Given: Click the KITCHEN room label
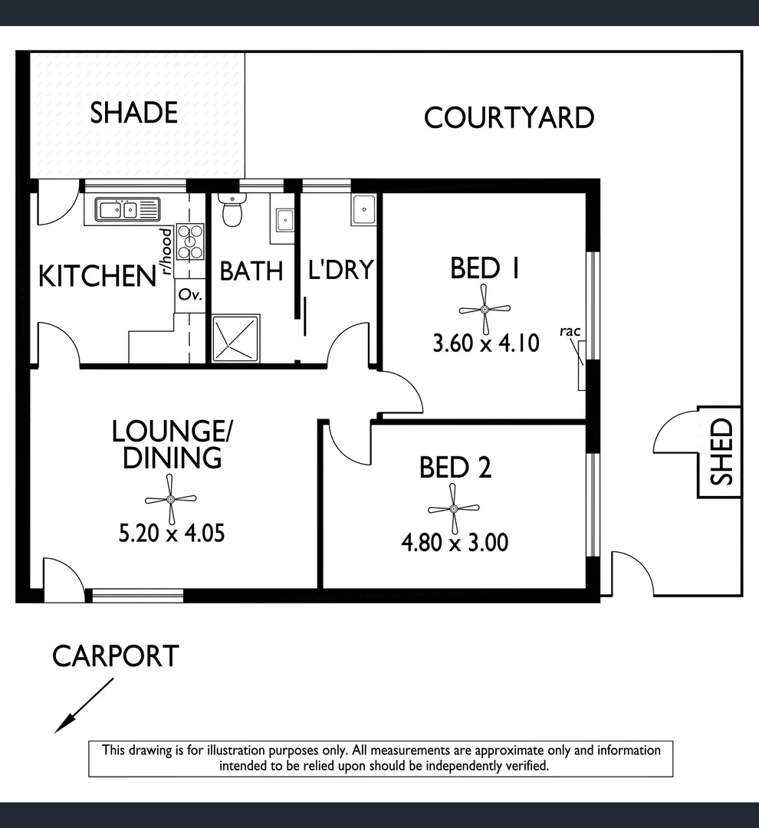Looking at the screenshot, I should (x=97, y=276).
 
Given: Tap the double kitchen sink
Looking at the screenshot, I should (x=127, y=209).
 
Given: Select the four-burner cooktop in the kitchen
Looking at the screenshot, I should (x=190, y=240).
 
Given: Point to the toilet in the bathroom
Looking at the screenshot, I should (x=231, y=210).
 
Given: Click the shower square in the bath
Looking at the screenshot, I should (x=235, y=338).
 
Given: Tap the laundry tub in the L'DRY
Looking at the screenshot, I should (x=363, y=209).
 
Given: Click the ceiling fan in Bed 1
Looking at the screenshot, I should (x=485, y=309).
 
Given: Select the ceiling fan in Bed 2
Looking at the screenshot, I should (x=453, y=508).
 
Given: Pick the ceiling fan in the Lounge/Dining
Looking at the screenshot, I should (x=171, y=499).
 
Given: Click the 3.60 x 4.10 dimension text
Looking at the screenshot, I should (x=486, y=343).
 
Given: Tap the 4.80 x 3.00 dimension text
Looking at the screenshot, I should (x=455, y=543).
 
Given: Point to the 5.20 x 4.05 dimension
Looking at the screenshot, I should (x=172, y=532).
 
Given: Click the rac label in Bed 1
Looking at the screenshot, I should (x=570, y=331).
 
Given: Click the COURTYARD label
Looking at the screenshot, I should (x=508, y=118).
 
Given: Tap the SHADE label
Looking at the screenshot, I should (x=134, y=113).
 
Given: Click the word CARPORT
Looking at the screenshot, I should (x=116, y=656).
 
